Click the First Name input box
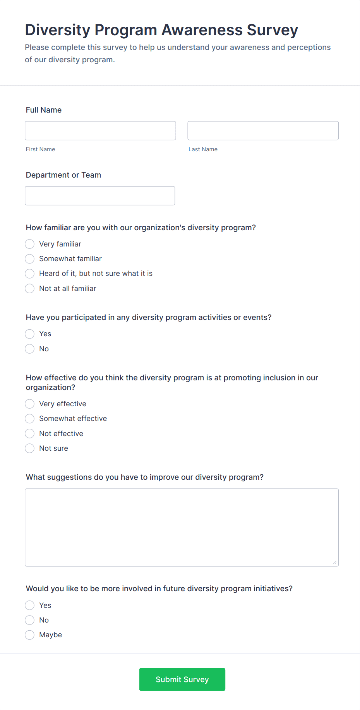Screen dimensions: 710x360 click(100, 130)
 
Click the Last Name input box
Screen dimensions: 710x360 click(263, 130)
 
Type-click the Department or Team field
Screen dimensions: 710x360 click(100, 195)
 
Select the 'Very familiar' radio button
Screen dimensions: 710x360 click(30, 244)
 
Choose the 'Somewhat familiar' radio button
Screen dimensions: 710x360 click(30, 258)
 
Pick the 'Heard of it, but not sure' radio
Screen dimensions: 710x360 click(30, 274)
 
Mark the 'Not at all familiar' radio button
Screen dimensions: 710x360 click(30, 288)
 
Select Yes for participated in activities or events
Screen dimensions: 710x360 click(30, 334)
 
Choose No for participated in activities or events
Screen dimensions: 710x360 click(30, 349)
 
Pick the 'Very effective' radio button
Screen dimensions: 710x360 click(30, 404)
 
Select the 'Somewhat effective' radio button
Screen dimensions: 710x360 click(30, 419)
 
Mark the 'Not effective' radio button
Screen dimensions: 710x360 click(30, 433)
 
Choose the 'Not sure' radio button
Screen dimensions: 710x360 click(30, 448)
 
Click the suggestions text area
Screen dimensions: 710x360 click(182, 527)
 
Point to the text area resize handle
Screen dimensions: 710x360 click(335, 563)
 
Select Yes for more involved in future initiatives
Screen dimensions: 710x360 click(30, 605)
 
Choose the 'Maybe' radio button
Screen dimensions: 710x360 click(30, 635)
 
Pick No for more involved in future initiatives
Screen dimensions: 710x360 click(30, 620)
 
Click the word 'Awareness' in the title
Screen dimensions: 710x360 click(202, 30)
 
